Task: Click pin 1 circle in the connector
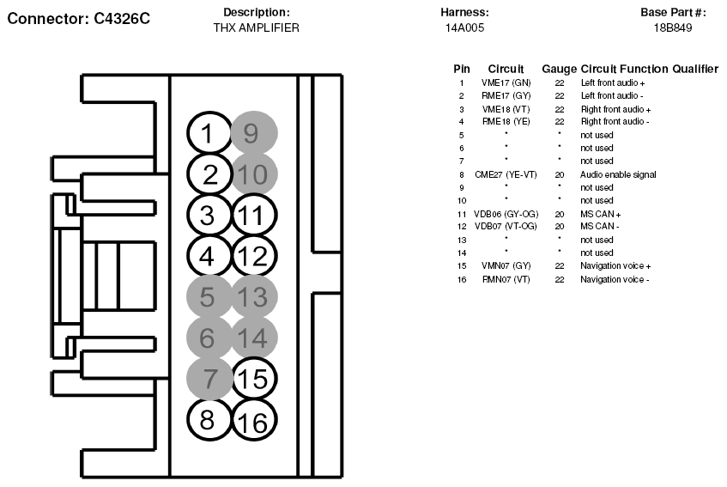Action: click(209, 133)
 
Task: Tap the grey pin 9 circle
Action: click(254, 133)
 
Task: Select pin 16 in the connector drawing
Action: click(254, 420)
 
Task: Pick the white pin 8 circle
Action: click(209, 419)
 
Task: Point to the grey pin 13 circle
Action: click(254, 297)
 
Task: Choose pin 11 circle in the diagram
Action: click(254, 216)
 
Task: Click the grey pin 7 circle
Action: click(209, 379)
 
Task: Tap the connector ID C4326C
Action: click(122, 19)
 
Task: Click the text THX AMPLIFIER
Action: click(257, 27)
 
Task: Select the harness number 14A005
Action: click(464, 27)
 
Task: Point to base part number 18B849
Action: click(673, 27)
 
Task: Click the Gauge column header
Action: click(559, 69)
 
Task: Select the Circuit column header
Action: click(506, 69)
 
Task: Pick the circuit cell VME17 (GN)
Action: click(506, 83)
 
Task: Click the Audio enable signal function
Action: click(618, 175)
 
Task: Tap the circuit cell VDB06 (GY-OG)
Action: click(506, 214)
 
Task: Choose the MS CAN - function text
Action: click(599, 227)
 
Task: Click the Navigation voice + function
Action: click(615, 266)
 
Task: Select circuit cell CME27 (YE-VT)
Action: click(506, 175)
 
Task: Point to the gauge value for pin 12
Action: click(560, 227)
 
